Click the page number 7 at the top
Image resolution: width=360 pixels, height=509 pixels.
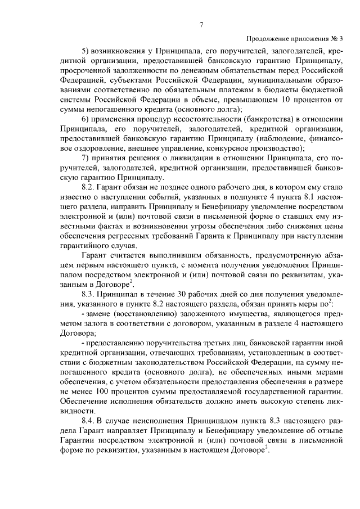[201, 24]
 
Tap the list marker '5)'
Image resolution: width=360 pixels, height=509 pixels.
[86, 51]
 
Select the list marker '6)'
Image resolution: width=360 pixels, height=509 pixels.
[86, 121]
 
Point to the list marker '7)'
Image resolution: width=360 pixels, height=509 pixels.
[86, 156]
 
